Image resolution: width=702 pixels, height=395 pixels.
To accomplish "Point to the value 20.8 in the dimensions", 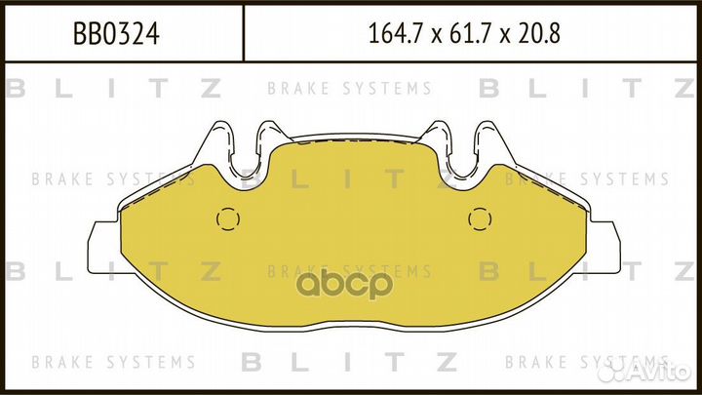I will (x=538, y=36).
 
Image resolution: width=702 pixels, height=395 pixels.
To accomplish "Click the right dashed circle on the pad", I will (x=478, y=218).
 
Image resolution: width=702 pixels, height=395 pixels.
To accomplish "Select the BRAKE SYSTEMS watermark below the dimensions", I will (x=350, y=89).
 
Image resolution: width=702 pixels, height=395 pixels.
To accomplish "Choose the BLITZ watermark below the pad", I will (x=350, y=362).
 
